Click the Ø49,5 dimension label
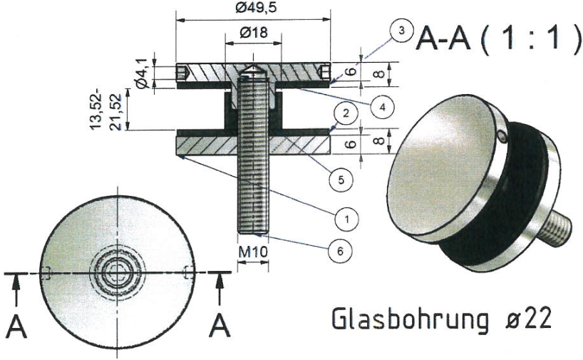pyautogui.click(x=254, y=9)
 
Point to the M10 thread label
pyautogui.click(x=252, y=251)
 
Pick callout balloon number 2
pyautogui.click(x=344, y=113)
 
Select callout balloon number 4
pyautogui.click(x=383, y=107)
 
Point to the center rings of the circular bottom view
pyautogui.click(x=115, y=272)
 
